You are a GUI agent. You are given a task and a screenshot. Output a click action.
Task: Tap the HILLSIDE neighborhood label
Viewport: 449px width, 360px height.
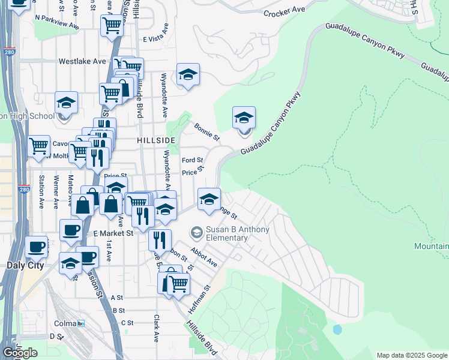tap(155, 140)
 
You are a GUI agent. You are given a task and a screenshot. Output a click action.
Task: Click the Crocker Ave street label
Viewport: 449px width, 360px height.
tap(285, 12)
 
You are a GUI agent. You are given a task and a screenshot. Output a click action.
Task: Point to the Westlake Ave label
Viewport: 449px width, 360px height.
tap(82, 61)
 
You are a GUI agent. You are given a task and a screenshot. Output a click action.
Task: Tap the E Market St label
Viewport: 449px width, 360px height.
tap(113, 233)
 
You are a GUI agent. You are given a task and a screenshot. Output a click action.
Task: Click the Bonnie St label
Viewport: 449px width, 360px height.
tap(206, 131)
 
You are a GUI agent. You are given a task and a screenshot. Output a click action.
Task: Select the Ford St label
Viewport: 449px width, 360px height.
tap(193, 161)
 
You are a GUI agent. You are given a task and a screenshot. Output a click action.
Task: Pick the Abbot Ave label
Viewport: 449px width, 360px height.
tap(203, 256)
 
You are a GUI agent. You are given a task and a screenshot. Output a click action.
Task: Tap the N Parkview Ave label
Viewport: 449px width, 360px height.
tap(57, 22)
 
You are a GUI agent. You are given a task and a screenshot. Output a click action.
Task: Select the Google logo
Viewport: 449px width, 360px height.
tap(20, 353)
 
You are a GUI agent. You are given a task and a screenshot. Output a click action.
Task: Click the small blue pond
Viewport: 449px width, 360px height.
tap(337, 329)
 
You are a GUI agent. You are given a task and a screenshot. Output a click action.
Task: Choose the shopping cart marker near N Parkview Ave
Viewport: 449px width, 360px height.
tap(112, 25)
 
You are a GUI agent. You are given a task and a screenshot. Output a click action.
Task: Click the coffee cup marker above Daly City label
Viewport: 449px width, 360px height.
tap(36, 246)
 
